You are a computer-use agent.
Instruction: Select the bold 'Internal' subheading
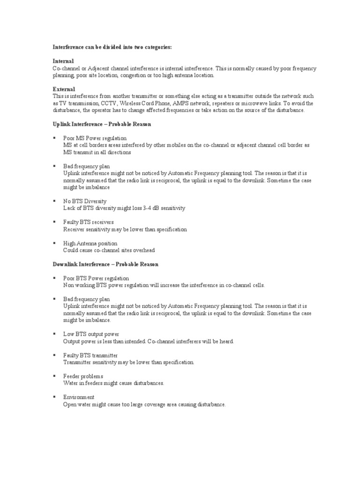pos(63,61)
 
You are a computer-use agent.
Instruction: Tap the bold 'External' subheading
pos(64,89)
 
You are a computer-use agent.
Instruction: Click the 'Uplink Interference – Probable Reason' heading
pos(102,124)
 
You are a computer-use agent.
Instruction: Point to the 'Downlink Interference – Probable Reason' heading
pos(105,264)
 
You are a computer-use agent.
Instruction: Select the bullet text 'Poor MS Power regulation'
pos(95,138)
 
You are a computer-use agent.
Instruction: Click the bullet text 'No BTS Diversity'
pos(85,201)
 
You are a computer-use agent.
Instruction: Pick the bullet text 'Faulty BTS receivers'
pos(89,222)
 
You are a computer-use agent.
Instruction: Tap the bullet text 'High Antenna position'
pos(90,243)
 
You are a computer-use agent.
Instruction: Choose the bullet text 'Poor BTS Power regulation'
pos(96,278)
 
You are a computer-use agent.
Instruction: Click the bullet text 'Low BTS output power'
pos(91,334)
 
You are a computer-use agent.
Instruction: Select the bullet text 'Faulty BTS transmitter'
pos(90,355)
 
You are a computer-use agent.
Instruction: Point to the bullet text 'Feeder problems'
pos(83,376)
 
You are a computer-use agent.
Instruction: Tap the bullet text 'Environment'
pos(79,397)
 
